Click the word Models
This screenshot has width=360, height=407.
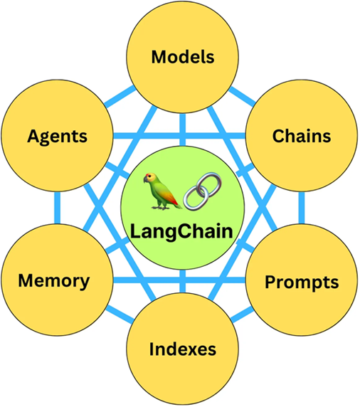coord(183,57)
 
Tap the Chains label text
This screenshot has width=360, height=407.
coord(302,136)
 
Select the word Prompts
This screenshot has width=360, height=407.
coord(302,282)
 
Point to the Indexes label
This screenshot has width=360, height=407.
coord(183,349)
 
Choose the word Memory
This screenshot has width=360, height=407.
coord(54,281)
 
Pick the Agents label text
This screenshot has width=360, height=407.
coord(57,137)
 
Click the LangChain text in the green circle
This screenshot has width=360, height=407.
coord(181,231)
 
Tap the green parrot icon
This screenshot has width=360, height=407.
coord(162,191)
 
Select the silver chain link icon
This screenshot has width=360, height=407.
coord(203,191)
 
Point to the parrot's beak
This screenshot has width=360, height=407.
coord(145,179)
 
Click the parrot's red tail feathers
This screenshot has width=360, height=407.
coord(174,199)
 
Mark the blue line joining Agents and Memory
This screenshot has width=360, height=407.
coord(58,208)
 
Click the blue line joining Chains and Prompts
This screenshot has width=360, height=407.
coord(302,208)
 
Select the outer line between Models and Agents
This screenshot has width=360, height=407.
coord(120,96)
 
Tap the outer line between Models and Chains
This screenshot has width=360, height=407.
coord(242,96)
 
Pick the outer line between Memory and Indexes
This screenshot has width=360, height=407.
coord(120,314)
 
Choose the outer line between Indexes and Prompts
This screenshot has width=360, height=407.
coord(242,314)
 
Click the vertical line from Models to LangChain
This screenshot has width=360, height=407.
coord(182,129)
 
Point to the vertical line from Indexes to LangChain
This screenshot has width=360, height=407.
coord(182,281)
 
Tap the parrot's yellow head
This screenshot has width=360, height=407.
coord(151,179)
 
